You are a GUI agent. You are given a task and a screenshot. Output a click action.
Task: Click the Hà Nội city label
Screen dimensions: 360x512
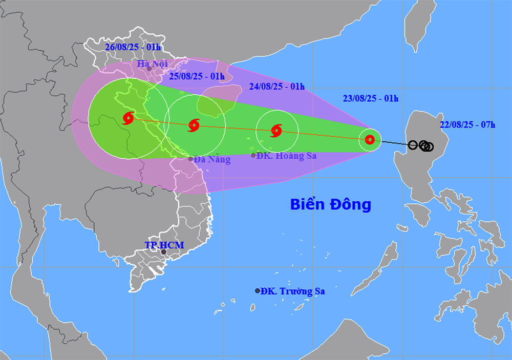153,65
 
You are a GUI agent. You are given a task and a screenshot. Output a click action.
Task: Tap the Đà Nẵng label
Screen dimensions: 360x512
212,160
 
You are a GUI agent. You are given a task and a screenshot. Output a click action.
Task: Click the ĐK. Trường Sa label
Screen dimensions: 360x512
292,291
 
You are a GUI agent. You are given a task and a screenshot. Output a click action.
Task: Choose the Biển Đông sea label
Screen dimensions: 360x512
330,205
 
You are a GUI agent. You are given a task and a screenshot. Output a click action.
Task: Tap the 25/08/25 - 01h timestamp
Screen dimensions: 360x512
197,77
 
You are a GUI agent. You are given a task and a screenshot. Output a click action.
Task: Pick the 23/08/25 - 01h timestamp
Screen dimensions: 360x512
370,98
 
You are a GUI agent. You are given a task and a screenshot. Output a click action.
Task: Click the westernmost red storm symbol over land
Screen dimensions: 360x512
128,119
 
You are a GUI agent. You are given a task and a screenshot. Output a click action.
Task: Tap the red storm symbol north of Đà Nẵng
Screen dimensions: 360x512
194,125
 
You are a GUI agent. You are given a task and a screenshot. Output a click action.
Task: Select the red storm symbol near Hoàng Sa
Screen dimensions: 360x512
276,130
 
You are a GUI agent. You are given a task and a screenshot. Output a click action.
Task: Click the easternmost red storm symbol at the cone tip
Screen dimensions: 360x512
370,139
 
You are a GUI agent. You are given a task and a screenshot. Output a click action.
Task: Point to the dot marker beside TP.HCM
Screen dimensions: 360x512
164,252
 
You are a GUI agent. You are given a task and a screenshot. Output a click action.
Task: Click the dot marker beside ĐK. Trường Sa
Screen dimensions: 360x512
258,291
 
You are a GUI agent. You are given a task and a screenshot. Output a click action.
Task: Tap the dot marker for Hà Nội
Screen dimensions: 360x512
150,68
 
